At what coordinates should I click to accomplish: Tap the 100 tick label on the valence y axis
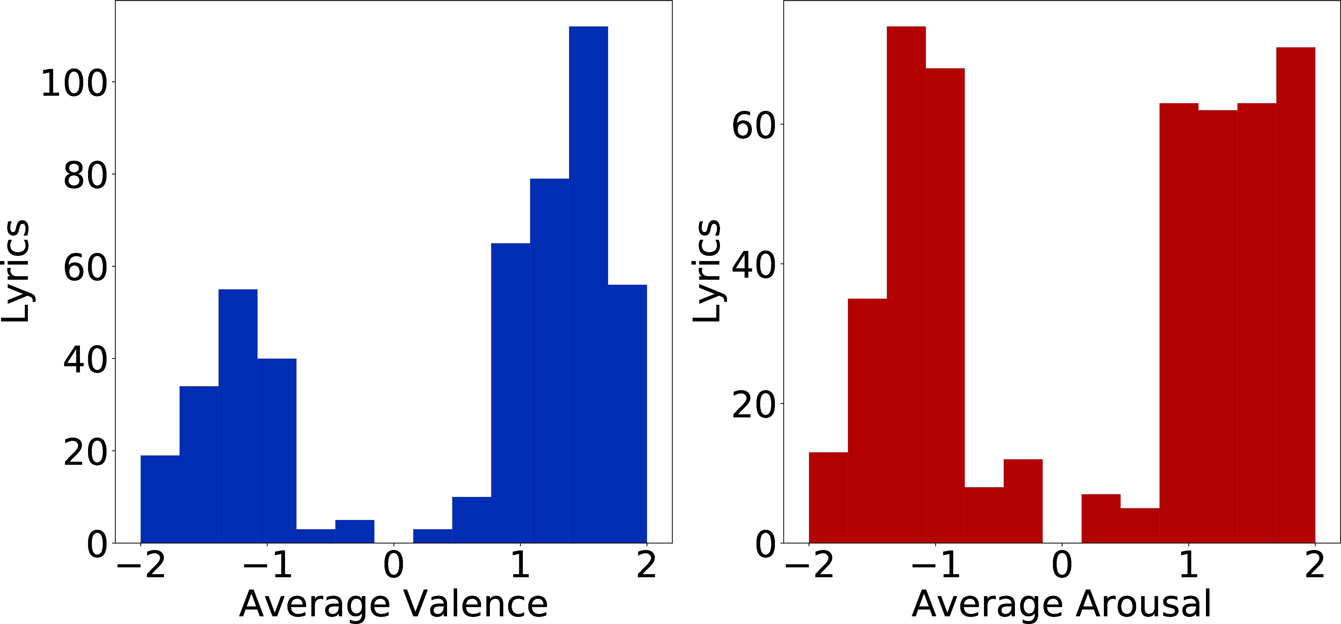point(74,83)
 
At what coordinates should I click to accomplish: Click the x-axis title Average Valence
point(393,604)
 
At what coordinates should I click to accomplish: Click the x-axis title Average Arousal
point(1062,604)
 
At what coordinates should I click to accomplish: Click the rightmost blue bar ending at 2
point(627,414)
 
